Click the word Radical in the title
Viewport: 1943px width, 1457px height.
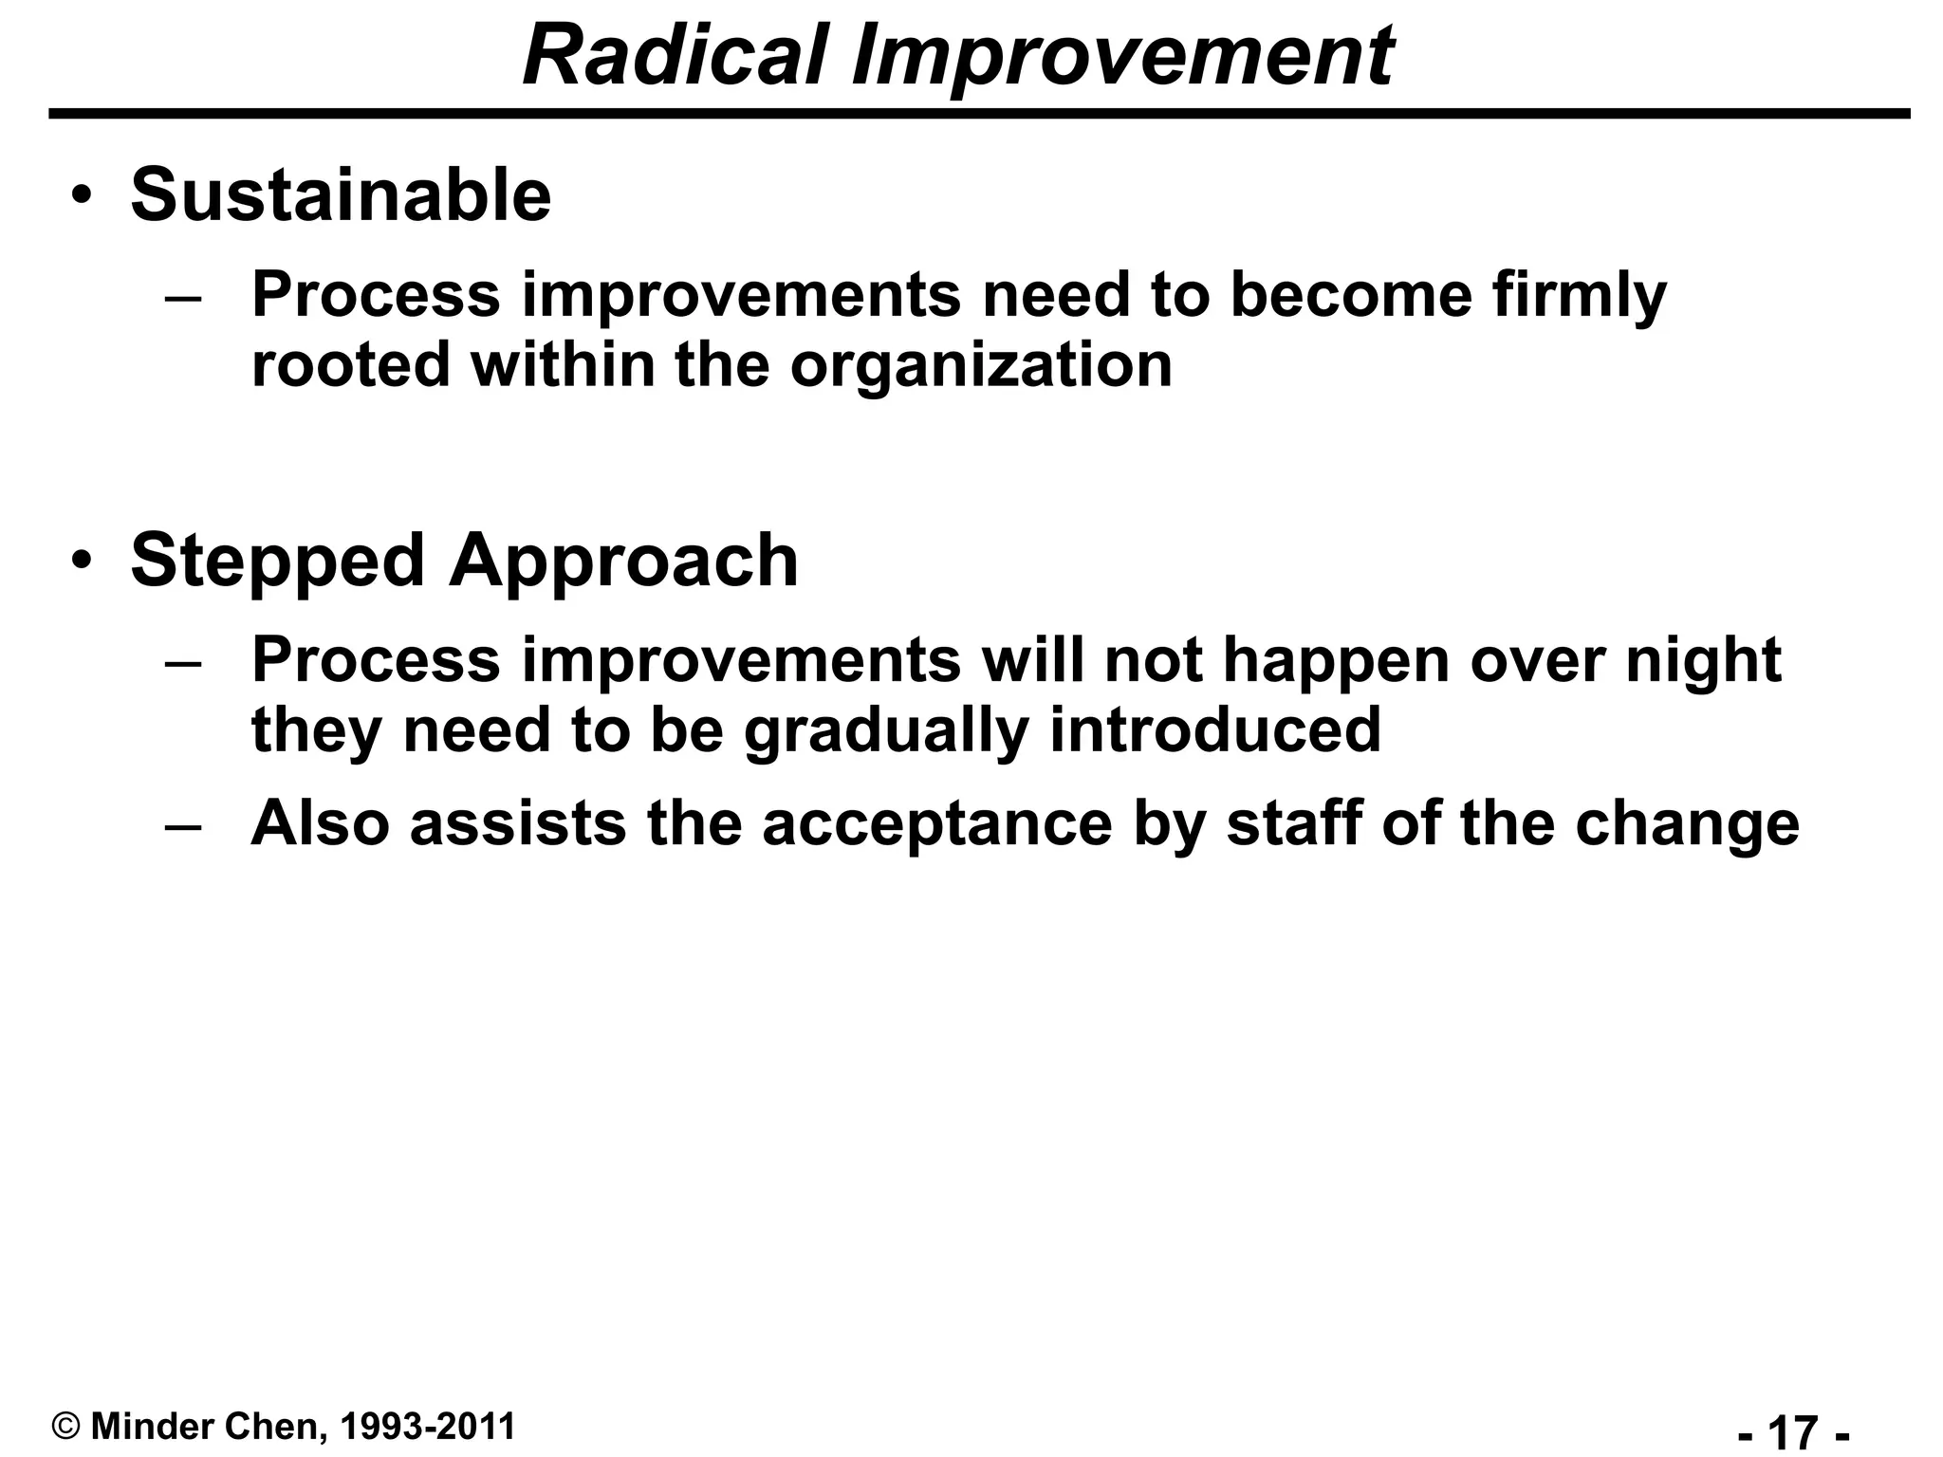pos(675,55)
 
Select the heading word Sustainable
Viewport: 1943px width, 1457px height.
pos(341,194)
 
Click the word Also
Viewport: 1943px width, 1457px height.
pos(320,822)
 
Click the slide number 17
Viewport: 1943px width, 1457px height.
pos(1793,1430)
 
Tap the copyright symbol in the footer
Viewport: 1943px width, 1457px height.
pos(65,1426)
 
